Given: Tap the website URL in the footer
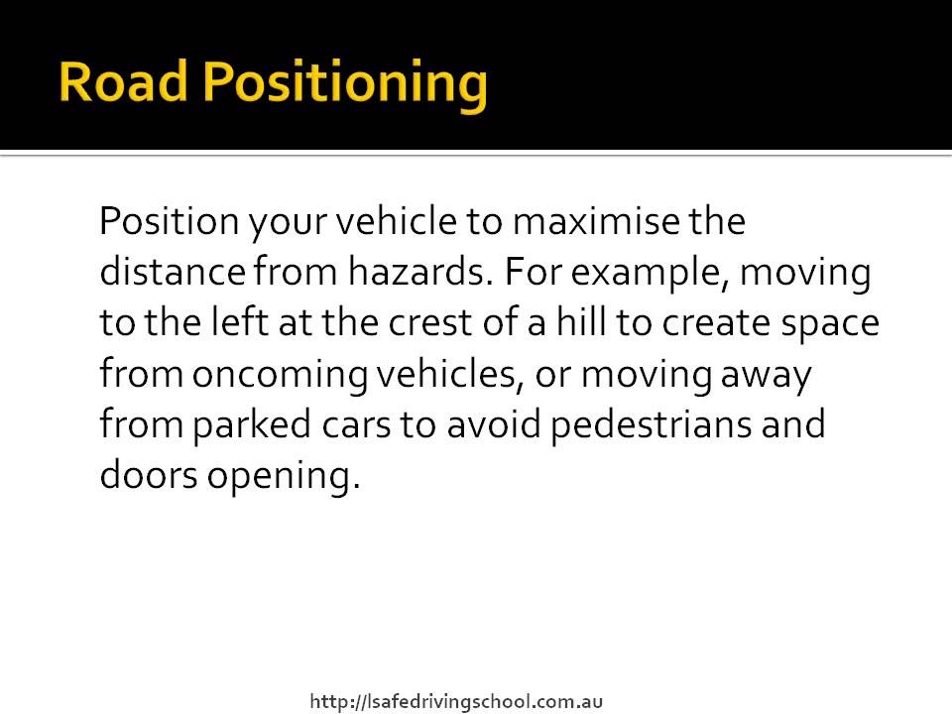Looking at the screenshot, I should (457, 702).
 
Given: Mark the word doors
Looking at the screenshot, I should (149, 476).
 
